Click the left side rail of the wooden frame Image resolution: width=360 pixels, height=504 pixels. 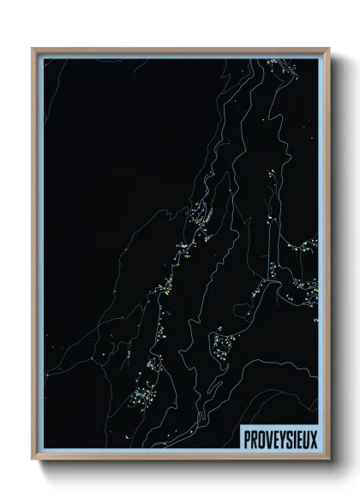34,257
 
